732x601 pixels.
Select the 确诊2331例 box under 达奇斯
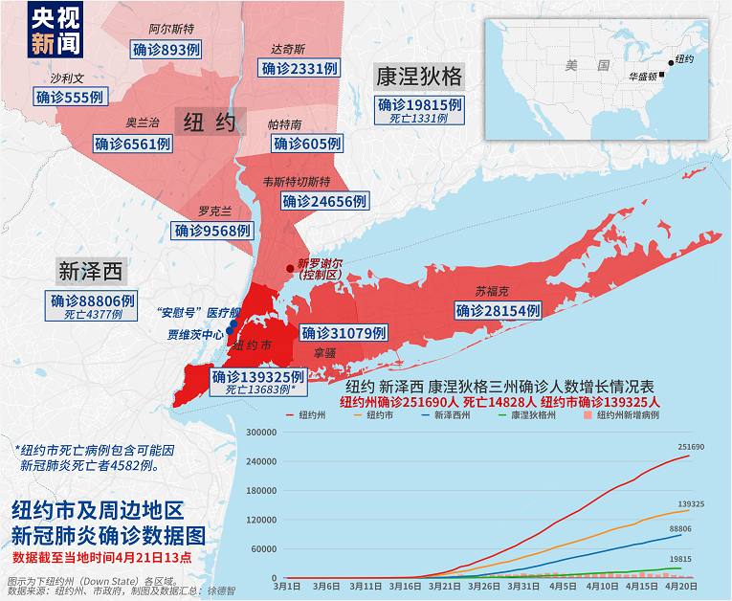pos(299,69)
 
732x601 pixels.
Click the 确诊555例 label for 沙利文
pos(70,97)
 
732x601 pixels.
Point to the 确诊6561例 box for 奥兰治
pos(133,144)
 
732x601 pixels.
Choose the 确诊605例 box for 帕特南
pos(306,144)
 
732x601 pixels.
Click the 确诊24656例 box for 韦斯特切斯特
pos(325,201)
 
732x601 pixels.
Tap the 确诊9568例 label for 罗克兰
pos(211,230)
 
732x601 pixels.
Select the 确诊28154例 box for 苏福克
pos(498,310)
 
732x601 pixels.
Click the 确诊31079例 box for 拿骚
pos(344,333)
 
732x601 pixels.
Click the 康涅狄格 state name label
pos(419,76)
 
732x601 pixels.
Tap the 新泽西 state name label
pos(91,272)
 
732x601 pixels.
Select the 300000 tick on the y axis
pos(260,432)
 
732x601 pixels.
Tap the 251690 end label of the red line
pos(691,447)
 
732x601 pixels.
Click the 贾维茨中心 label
pos(195,335)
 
